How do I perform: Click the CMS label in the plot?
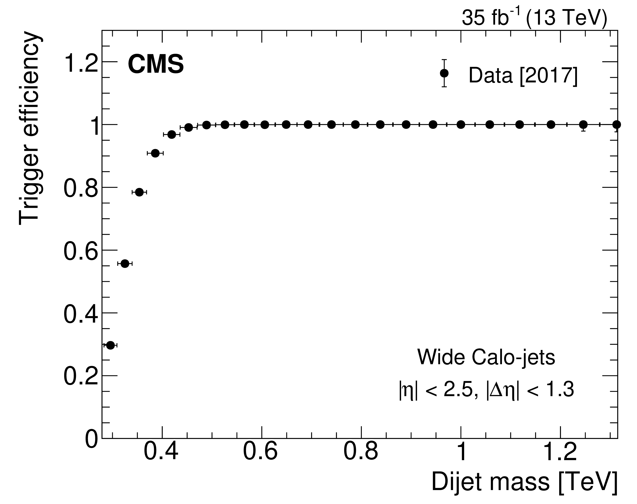[x=156, y=65]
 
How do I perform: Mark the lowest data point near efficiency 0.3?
[x=110, y=345]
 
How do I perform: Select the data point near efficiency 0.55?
[x=125, y=263]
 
